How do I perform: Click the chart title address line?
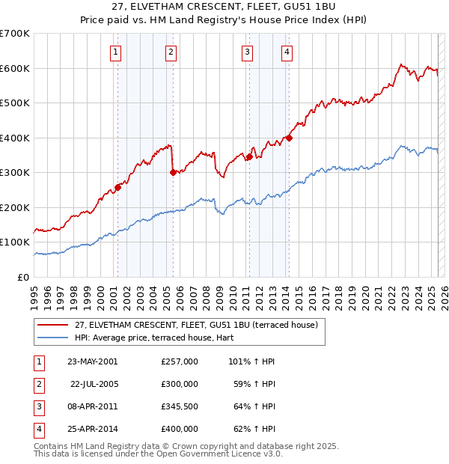click(x=224, y=7)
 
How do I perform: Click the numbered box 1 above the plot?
click(x=117, y=52)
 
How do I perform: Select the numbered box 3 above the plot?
click(x=247, y=52)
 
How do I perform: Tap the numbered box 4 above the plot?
click(x=287, y=52)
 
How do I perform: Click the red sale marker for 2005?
click(x=173, y=172)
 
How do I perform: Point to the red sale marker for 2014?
click(x=289, y=138)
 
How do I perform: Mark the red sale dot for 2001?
click(x=117, y=187)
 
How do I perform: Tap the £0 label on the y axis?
click(x=22, y=277)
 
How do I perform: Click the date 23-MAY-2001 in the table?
click(x=92, y=361)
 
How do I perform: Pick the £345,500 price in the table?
click(x=180, y=407)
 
